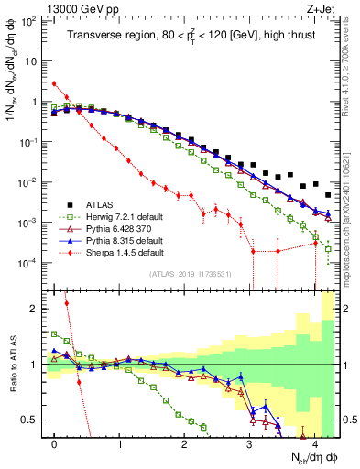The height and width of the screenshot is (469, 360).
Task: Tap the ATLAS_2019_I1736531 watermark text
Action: click(x=190, y=274)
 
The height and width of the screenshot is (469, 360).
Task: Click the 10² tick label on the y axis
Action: click(x=30, y=21)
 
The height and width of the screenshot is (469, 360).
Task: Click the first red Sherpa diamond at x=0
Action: click(x=54, y=84)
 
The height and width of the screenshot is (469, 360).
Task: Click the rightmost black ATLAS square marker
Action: click(x=328, y=194)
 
